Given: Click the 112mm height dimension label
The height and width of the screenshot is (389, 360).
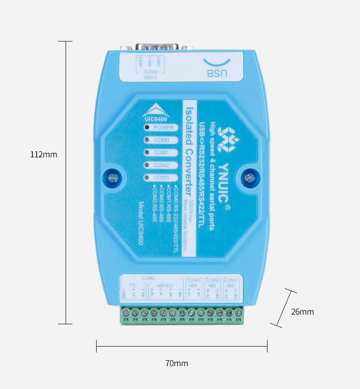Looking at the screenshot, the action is [44, 155].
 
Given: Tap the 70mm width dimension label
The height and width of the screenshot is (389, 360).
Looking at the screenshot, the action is [176, 363].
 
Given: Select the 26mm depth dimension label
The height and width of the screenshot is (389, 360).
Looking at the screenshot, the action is [303, 312].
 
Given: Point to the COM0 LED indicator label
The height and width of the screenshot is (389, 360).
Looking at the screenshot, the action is [161, 140].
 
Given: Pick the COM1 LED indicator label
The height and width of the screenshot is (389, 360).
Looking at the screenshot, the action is [161, 152].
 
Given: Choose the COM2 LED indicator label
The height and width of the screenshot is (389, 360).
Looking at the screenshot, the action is [161, 165].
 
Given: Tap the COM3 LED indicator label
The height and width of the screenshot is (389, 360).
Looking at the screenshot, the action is [161, 177].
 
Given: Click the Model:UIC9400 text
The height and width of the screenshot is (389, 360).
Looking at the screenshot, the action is [141, 223].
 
